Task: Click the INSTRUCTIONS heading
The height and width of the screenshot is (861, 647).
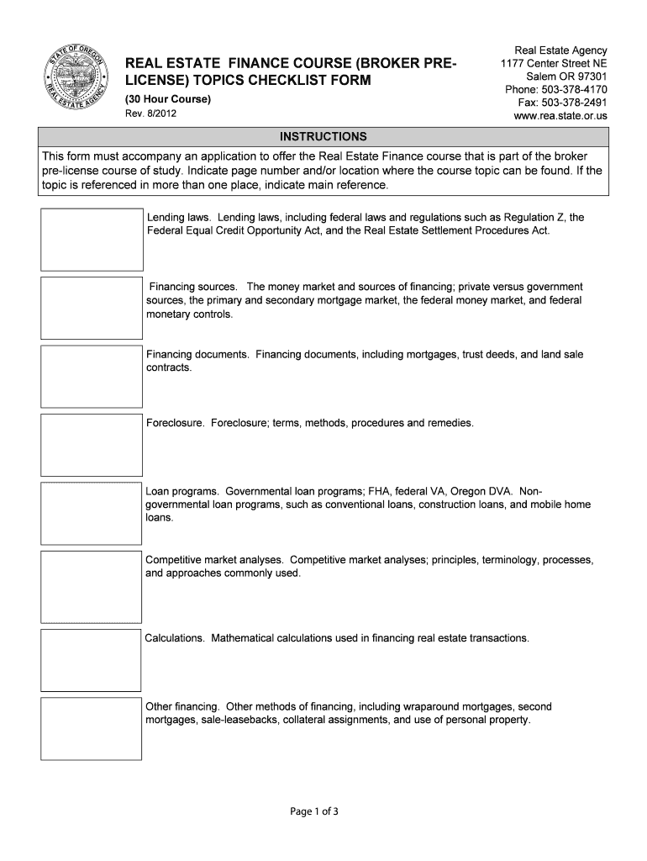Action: [x=323, y=136]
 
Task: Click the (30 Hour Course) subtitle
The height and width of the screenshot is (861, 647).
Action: [x=168, y=101]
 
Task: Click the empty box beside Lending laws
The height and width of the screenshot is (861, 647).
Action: [x=92, y=239]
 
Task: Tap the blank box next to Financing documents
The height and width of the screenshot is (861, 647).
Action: [x=92, y=376]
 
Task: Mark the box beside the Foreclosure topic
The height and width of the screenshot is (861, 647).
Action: [x=92, y=445]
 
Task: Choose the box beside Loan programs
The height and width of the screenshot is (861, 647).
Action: [x=92, y=513]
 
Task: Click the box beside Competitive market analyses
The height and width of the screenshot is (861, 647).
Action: [x=92, y=586]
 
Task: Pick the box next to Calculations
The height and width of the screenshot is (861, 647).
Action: [x=92, y=659]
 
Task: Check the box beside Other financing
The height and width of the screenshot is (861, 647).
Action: [x=92, y=728]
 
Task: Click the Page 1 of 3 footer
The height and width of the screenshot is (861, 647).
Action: [x=323, y=811]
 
